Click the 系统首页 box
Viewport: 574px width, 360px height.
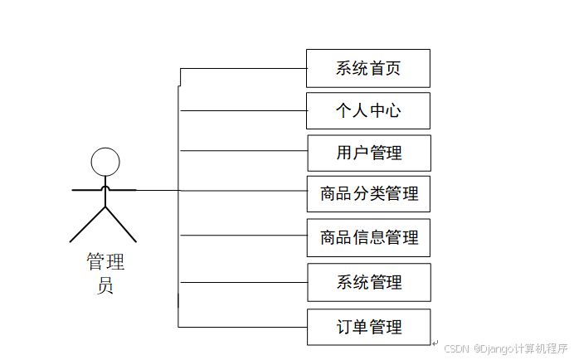(368, 68)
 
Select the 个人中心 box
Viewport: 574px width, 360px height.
(368, 110)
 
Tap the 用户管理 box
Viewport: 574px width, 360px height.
(368, 153)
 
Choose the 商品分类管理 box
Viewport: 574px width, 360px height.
(368, 194)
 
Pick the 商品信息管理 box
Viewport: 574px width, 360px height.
(368, 237)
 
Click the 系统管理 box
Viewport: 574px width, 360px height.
(368, 282)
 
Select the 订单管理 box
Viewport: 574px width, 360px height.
(368, 326)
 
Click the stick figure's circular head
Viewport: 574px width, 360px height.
(105, 162)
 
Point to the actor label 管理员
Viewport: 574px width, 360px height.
(105, 275)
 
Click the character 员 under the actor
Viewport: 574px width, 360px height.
(105, 287)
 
